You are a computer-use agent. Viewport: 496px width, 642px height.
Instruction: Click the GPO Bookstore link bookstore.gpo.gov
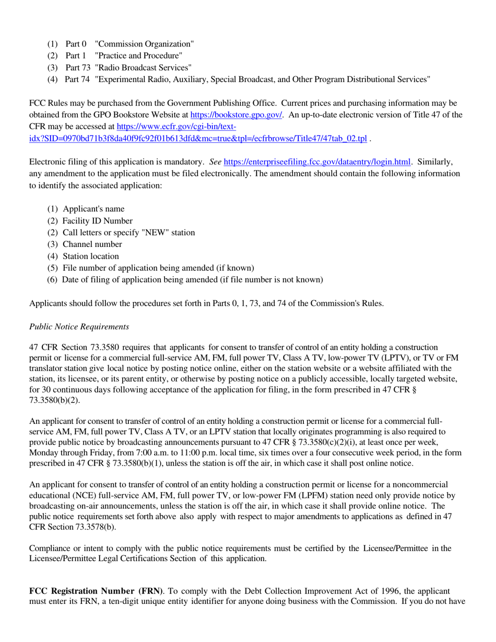point(236,115)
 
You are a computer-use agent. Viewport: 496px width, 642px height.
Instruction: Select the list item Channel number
point(92,244)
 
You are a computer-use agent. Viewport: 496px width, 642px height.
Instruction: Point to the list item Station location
point(91,256)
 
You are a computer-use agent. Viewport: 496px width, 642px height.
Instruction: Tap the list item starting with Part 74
point(246,79)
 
